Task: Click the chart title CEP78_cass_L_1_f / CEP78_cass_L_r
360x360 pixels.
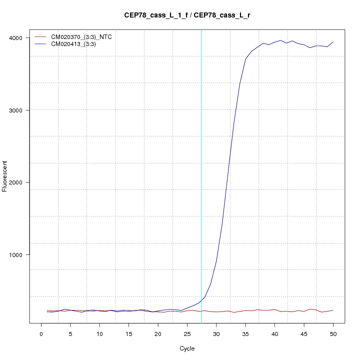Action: pos(187,15)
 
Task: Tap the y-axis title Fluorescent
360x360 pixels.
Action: pos(5,175)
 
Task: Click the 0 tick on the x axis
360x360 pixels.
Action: pos(41,333)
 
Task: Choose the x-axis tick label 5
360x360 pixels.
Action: pos(70,333)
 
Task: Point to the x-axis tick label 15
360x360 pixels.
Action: pos(128,333)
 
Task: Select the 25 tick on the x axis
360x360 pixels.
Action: pos(187,333)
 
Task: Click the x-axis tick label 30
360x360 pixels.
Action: pos(216,333)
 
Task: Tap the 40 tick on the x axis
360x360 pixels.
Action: pos(274,333)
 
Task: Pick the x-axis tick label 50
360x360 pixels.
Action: pos(333,333)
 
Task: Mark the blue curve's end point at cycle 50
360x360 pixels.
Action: pos(333,42)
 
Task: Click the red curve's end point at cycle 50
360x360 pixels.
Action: pos(333,310)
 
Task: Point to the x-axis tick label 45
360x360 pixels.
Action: pos(304,333)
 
